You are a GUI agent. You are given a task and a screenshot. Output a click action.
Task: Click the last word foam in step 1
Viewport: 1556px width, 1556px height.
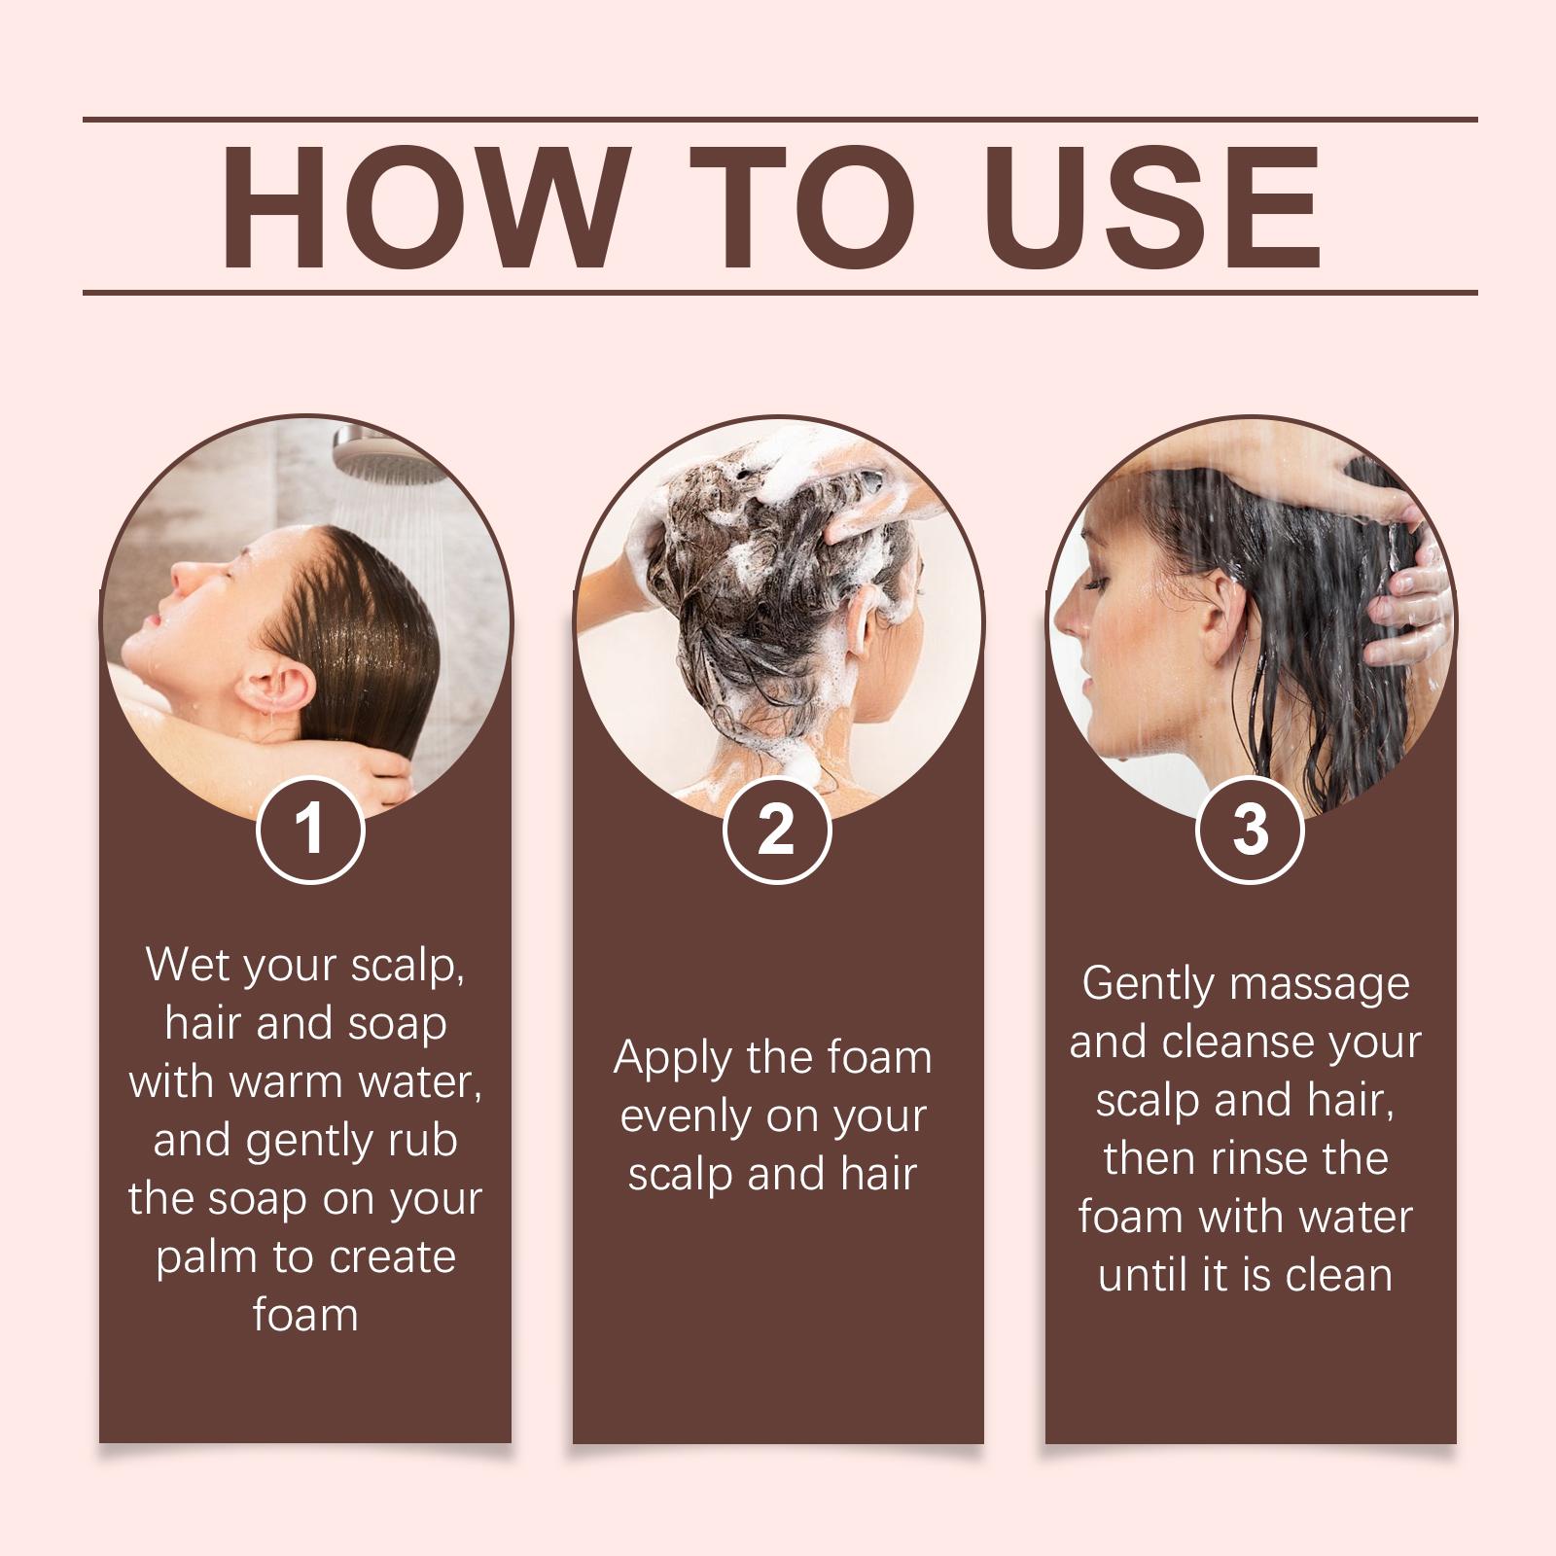click(x=305, y=1315)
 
